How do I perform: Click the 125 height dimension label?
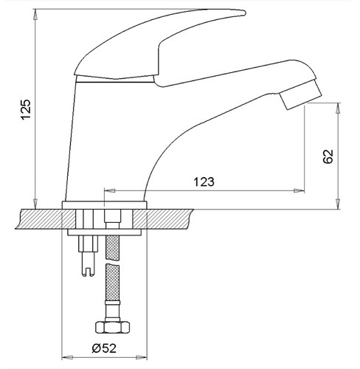click(26, 109)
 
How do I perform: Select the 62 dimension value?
click(328, 156)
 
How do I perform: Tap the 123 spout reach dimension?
click(204, 182)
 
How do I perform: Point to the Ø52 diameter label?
click(104, 348)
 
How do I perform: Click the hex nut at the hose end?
click(112, 327)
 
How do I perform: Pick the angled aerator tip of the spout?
click(300, 94)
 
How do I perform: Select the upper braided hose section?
click(112, 248)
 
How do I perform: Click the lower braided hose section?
click(112, 282)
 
